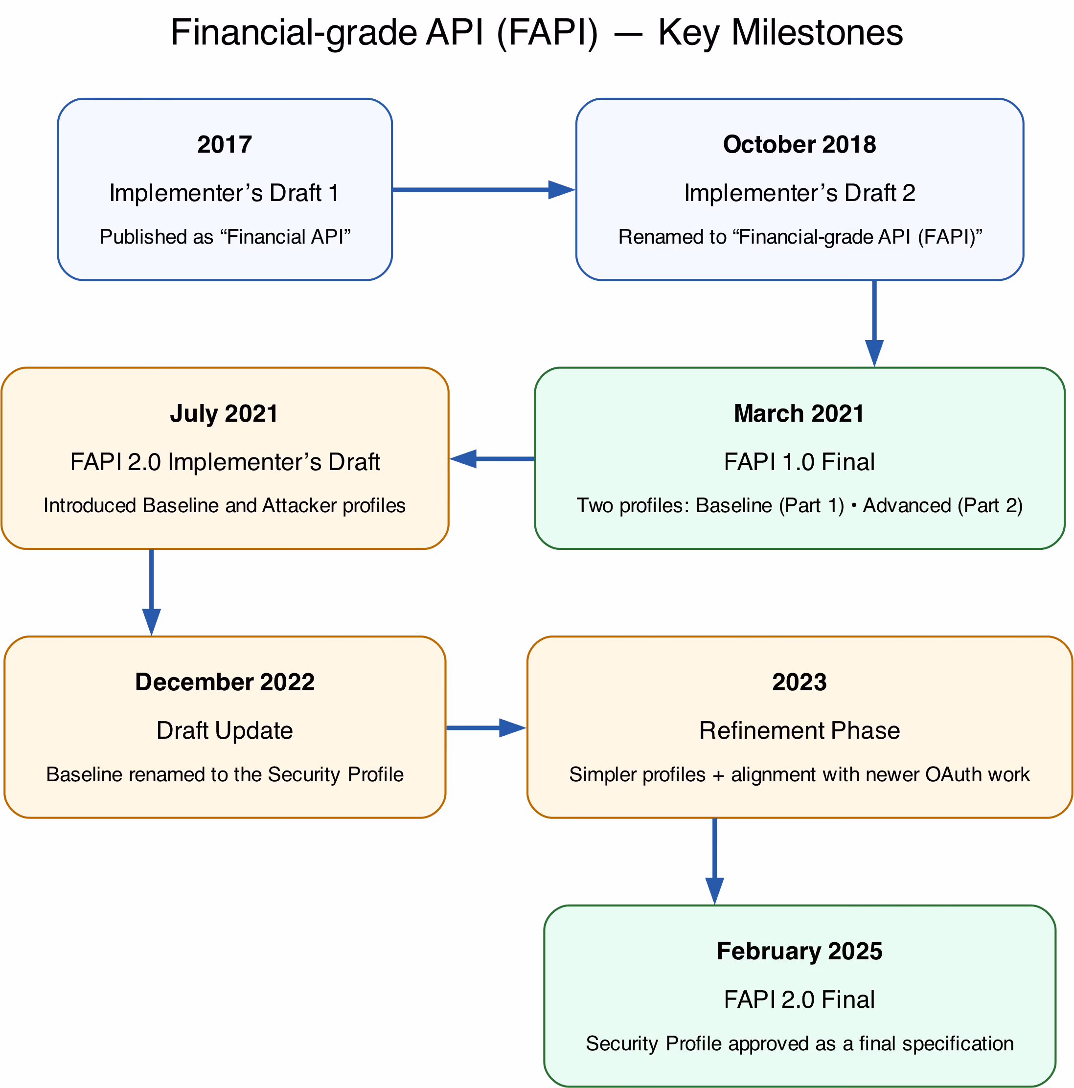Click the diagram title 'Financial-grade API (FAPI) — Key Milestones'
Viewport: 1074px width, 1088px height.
coord(537,33)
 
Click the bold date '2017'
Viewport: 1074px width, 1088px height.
coord(225,145)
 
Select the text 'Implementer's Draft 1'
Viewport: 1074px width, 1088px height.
coord(225,193)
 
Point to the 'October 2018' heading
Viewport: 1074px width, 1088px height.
coord(799,145)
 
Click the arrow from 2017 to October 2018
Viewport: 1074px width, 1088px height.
coord(484,190)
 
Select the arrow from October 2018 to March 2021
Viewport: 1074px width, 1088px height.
coord(874,324)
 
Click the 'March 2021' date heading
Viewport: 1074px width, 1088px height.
coord(799,414)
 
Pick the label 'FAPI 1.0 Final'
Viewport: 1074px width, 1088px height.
coord(799,462)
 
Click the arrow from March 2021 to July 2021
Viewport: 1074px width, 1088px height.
coord(492,459)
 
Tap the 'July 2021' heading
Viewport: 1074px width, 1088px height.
coord(224,414)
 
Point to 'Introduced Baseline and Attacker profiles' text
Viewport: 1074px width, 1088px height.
coord(225,506)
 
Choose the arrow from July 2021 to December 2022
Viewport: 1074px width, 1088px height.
coord(152,592)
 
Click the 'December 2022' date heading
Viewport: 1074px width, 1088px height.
coord(225,682)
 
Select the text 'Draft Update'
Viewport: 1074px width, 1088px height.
coord(225,731)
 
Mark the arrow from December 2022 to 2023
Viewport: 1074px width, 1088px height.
coord(486,728)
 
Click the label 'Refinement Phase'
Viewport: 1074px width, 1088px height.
coord(799,731)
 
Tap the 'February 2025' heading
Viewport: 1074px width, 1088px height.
coord(799,952)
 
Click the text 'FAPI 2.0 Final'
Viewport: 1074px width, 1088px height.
coord(799,1000)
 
